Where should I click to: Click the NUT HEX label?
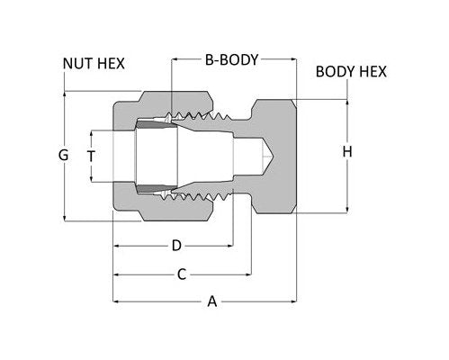tap(93, 64)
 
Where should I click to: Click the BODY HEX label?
tap(351, 71)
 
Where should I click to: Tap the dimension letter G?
tap(62, 155)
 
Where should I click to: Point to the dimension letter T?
tap(90, 155)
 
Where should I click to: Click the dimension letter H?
tap(346, 153)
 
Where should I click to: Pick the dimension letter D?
tap(176, 245)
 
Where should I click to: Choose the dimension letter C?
tap(181, 274)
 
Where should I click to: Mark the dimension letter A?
tap(212, 302)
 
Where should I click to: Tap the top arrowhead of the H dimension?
tap(346, 101)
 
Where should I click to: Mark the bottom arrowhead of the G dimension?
tap(65, 216)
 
